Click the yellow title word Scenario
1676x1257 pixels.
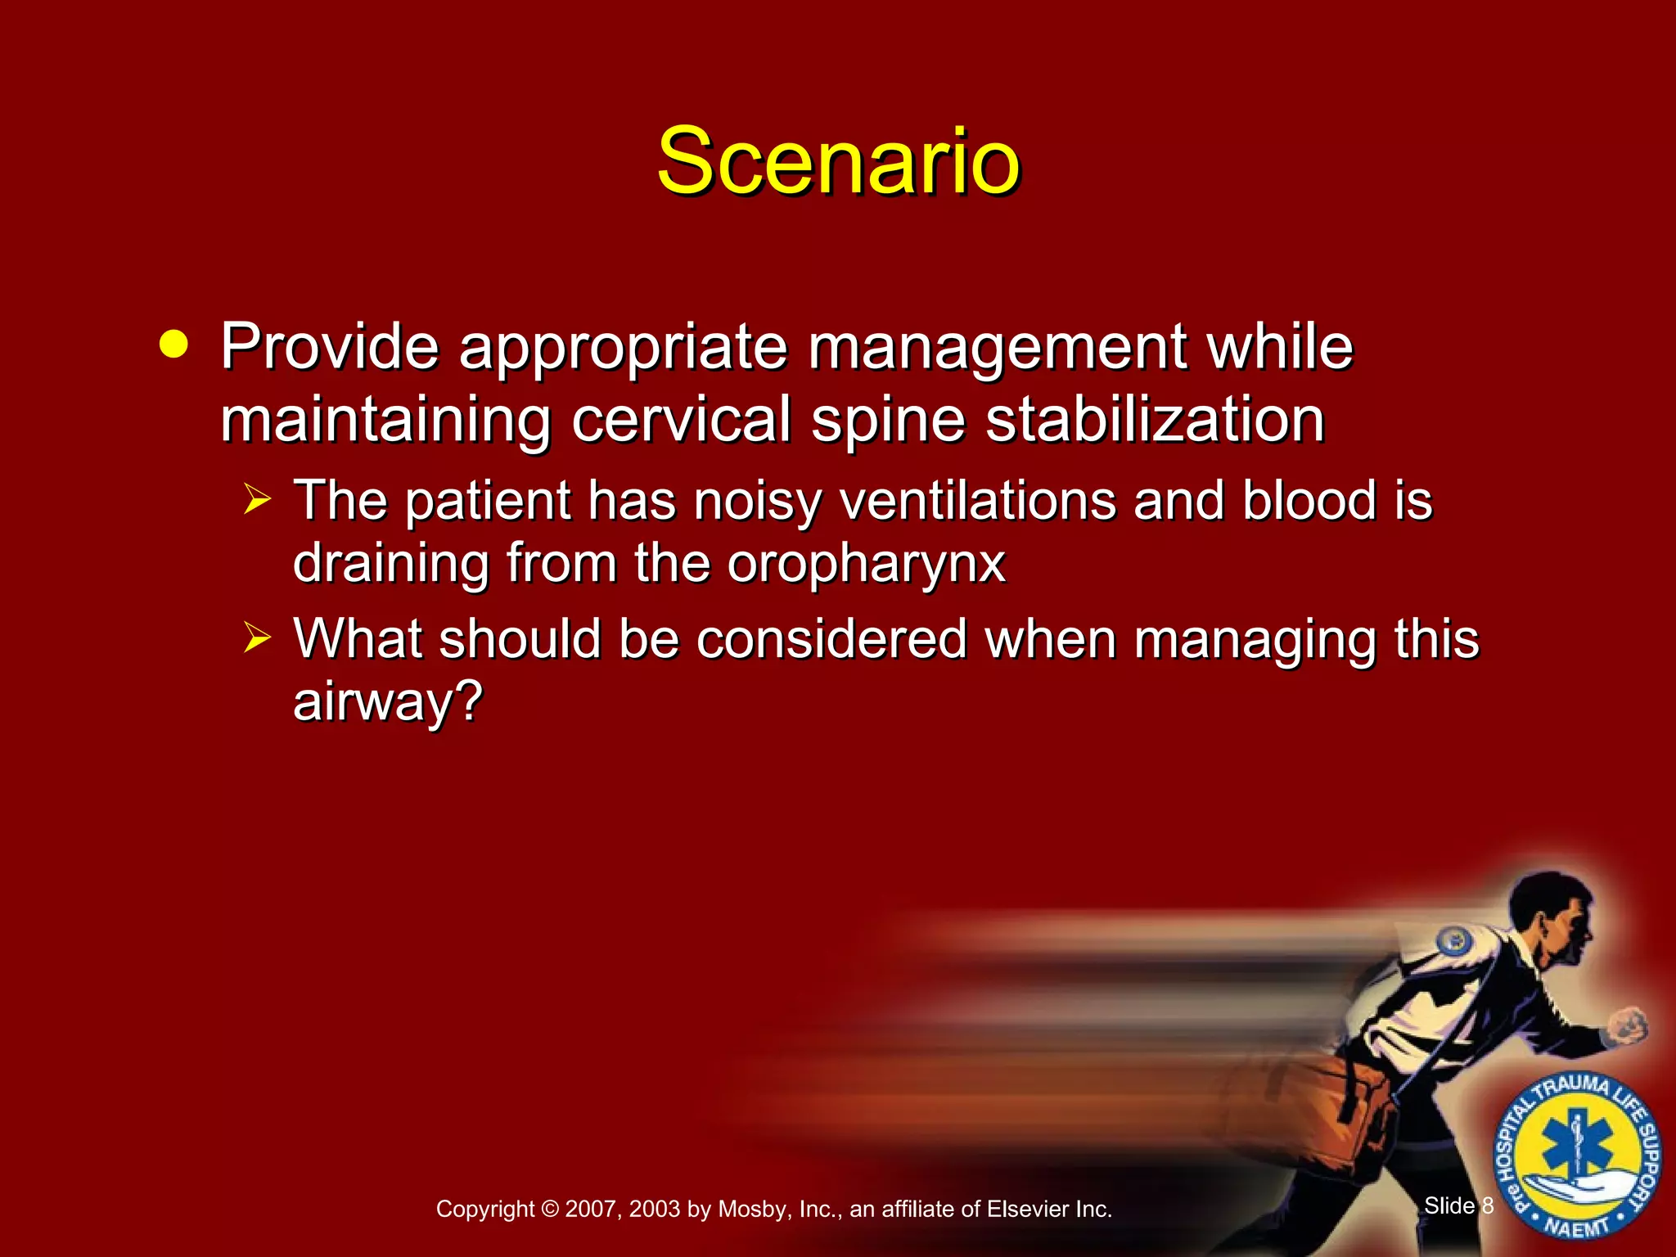coord(838,161)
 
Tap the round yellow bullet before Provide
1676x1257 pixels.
coord(173,344)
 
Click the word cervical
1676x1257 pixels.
coord(681,419)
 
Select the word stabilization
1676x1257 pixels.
coord(1155,419)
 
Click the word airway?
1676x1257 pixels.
coord(388,702)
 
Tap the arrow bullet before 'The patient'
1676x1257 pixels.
coord(257,499)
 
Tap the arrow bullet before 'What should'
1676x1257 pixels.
coord(257,637)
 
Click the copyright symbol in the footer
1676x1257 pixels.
coord(549,1209)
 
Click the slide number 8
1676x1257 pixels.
coord(1487,1205)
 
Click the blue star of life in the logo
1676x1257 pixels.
coord(1577,1148)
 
